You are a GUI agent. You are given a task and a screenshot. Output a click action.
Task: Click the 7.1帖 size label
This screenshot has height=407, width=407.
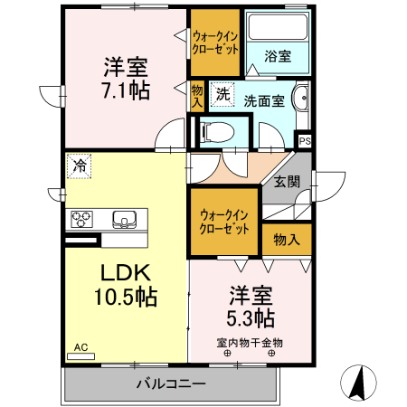coord(126,90)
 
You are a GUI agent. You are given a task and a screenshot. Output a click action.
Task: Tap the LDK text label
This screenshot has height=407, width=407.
coord(125,273)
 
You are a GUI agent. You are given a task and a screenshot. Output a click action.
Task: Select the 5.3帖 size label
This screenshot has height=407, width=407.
coord(251,317)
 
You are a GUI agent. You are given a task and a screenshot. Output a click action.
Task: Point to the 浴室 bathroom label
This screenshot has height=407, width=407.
coord(278,56)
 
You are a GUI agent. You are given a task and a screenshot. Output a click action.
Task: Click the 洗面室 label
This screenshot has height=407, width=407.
coord(265,100)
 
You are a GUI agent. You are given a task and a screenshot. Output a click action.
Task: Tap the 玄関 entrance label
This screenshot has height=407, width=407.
coord(287,181)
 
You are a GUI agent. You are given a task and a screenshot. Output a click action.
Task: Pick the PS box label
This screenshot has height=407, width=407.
coord(305,140)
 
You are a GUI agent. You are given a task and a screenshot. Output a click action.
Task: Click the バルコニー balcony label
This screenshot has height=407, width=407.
coord(171,384)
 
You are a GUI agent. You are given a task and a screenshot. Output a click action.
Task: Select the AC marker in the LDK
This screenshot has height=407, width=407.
coord(80,346)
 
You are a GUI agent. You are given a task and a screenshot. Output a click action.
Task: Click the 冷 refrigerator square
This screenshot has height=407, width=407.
coord(80,166)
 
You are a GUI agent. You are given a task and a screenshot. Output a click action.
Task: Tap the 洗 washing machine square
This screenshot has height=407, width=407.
coord(222,94)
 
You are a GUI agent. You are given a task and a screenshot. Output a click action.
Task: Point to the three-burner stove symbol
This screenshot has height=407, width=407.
coord(82,219)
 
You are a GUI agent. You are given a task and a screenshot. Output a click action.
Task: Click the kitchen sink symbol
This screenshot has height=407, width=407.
coord(125,219)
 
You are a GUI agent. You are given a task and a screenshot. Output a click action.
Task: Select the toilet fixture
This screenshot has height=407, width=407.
coord(214,132)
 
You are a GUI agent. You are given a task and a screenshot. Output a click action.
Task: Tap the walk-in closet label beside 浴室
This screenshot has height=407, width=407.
coord(215,43)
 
